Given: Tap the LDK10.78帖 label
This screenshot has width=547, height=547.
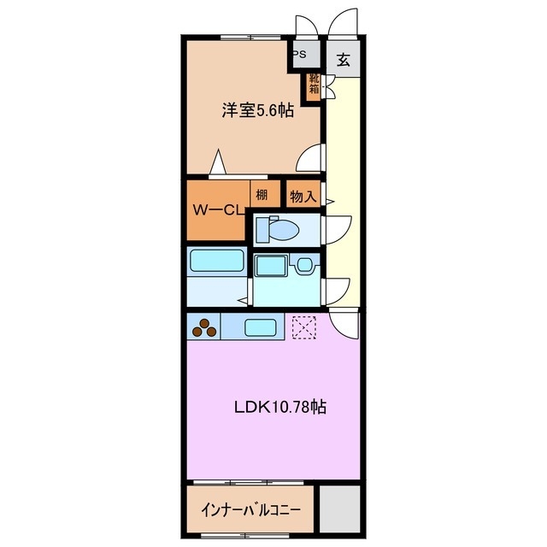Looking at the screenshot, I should [x=280, y=408].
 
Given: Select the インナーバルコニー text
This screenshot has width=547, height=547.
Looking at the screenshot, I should [x=250, y=510].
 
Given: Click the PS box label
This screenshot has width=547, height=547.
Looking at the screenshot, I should [x=300, y=54].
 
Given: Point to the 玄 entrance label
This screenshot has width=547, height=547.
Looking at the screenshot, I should [x=342, y=60].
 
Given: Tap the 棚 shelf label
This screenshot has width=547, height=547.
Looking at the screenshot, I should [x=262, y=195].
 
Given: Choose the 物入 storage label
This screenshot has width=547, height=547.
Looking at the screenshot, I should [x=303, y=196].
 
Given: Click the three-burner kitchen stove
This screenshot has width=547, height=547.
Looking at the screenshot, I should [x=205, y=326].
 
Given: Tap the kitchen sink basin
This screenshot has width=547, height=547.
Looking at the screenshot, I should [x=260, y=326].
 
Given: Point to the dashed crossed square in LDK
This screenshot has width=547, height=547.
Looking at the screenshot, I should [x=303, y=326].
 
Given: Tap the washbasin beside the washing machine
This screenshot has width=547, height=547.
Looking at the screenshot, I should [x=305, y=266].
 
